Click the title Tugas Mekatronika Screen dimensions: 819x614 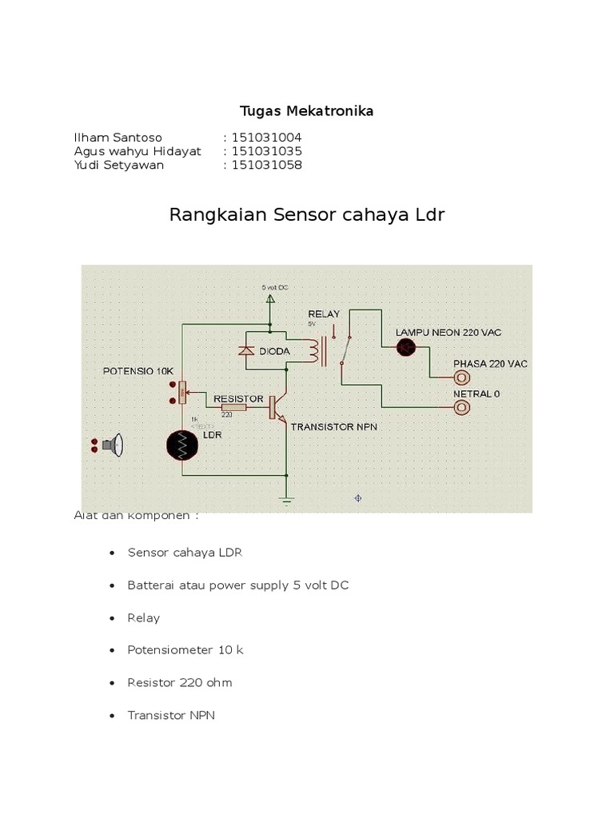(x=307, y=111)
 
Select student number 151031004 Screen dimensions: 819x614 (x=266, y=138)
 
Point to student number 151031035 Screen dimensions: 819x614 (x=266, y=151)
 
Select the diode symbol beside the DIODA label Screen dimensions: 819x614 (x=247, y=350)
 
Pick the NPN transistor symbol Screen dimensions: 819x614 (x=277, y=407)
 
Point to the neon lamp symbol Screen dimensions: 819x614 (x=407, y=346)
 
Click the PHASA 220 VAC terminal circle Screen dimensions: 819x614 (x=461, y=376)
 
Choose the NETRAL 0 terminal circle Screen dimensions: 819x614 (x=461, y=408)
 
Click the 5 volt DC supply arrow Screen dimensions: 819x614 (x=270, y=299)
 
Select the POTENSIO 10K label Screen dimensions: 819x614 (x=137, y=372)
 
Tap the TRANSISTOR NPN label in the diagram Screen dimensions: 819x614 (x=333, y=427)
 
